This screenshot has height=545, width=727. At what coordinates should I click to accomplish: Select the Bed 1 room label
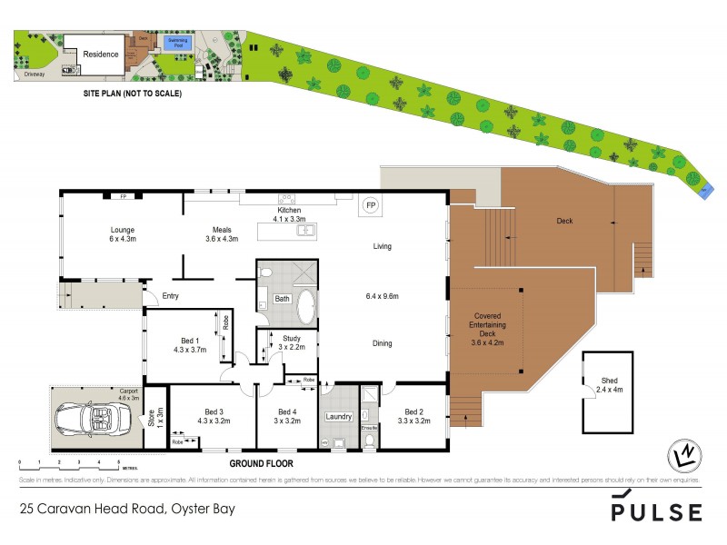click(x=191, y=343)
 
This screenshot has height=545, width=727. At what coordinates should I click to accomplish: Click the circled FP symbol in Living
click(x=371, y=206)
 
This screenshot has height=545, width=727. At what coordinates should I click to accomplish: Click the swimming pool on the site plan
click(x=178, y=42)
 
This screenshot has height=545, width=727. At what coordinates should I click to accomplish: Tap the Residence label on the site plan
click(x=101, y=54)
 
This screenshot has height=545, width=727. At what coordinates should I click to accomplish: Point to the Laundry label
click(x=338, y=416)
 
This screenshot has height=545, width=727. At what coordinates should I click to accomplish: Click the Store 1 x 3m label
click(x=153, y=420)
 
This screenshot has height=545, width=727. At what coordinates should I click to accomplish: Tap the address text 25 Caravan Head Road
click(x=126, y=509)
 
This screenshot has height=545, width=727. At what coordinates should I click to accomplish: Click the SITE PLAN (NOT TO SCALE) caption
click(x=132, y=94)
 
